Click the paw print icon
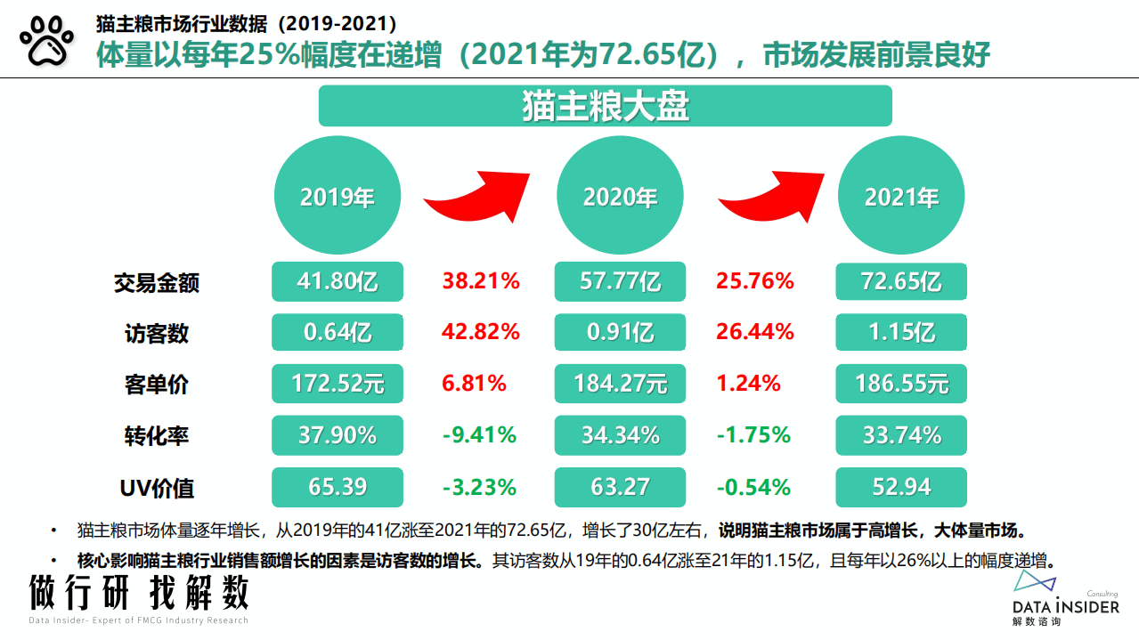tap(46, 42)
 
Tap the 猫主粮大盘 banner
tap(606, 106)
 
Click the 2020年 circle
tap(620, 197)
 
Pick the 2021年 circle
tap(902, 197)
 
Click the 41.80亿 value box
tap(338, 282)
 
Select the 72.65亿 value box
tap(901, 282)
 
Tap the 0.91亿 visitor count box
tap(620, 333)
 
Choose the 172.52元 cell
tap(338, 385)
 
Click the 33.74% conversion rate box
tap(901, 435)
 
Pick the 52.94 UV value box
tap(901, 487)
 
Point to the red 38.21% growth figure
tap(481, 282)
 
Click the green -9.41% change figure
tap(479, 435)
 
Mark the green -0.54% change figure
tap(753, 487)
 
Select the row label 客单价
tap(157, 385)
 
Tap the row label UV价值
tap(157, 488)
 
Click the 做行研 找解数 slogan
tap(138, 593)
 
